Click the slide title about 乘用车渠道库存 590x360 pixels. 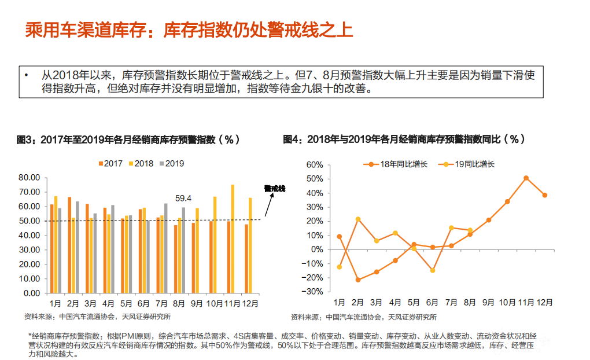tap(189, 30)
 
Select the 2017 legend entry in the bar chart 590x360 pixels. tap(110, 163)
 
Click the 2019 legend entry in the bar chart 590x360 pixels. tap(171, 163)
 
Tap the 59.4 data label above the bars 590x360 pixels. tap(183, 198)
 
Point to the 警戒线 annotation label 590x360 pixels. tap(275, 188)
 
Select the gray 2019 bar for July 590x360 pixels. tap(166, 248)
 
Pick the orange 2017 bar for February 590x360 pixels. tap(69, 245)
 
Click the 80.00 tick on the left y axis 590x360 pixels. tap(30, 178)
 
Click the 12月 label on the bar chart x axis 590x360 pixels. tap(250, 303)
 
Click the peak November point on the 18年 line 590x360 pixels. tap(526, 178)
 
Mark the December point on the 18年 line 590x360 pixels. tap(544, 195)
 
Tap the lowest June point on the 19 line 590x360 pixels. tap(432, 270)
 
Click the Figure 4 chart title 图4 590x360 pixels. tap(404, 139)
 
